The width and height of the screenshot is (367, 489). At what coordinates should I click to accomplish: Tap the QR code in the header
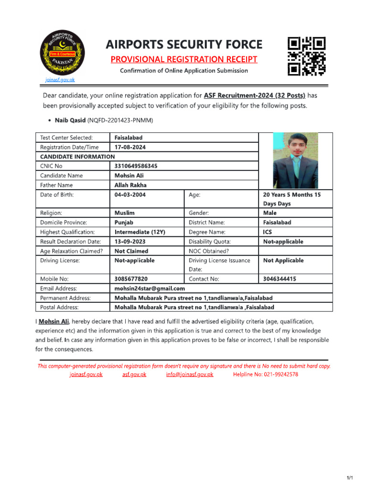click(306, 56)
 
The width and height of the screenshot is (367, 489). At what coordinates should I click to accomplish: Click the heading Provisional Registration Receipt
click(184, 59)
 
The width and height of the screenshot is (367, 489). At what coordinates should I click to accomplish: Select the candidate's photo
click(295, 160)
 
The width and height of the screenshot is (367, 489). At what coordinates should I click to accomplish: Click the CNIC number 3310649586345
click(136, 166)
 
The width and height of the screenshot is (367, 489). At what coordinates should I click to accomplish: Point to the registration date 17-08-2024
click(130, 147)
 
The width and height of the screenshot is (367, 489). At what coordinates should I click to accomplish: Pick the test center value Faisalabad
click(129, 138)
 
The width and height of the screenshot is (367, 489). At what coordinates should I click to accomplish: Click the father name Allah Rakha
click(130, 185)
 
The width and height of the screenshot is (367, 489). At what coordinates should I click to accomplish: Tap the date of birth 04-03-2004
click(130, 194)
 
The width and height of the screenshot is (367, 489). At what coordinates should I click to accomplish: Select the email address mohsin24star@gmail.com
click(150, 288)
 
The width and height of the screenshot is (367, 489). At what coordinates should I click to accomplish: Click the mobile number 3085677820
click(131, 279)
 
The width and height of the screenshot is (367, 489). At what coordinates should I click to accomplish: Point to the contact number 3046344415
click(280, 279)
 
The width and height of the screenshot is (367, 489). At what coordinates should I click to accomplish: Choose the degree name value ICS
click(268, 232)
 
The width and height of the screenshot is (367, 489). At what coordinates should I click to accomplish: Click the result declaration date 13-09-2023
click(130, 242)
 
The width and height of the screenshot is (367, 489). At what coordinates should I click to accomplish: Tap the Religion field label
click(52, 213)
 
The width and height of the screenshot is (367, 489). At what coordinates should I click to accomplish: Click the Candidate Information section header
click(77, 157)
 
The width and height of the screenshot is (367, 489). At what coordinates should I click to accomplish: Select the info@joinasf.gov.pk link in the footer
click(190, 374)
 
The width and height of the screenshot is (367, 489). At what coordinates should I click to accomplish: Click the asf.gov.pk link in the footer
click(134, 374)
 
